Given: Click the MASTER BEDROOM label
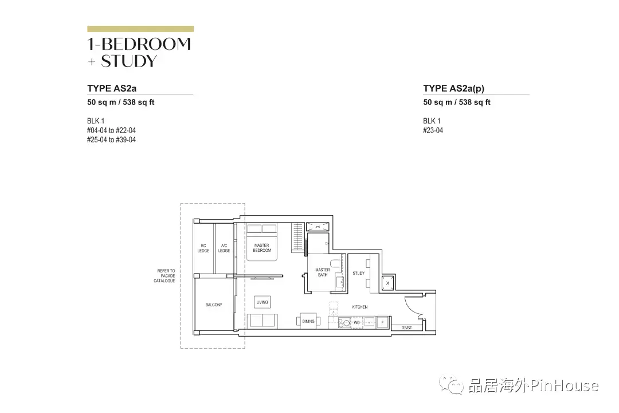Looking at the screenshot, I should click(x=261, y=248).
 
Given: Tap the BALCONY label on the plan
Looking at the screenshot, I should click(x=214, y=305).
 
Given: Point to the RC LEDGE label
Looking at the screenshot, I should click(x=203, y=248).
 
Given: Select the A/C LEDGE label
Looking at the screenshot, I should click(x=224, y=248).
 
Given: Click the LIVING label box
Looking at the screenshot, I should click(x=262, y=302).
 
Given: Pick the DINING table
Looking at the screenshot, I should click(x=308, y=321).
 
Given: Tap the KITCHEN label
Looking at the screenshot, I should click(x=360, y=307).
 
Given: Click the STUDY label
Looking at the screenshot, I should click(x=359, y=273).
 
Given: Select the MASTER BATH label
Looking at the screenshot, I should click(x=323, y=272).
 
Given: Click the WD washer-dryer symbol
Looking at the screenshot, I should click(x=356, y=322).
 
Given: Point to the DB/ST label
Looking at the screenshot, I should click(x=406, y=328).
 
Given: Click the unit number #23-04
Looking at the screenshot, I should click(x=433, y=130).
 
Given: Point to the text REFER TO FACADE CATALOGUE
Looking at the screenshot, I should click(x=166, y=276).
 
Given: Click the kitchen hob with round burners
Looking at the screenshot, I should click(x=343, y=323).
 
